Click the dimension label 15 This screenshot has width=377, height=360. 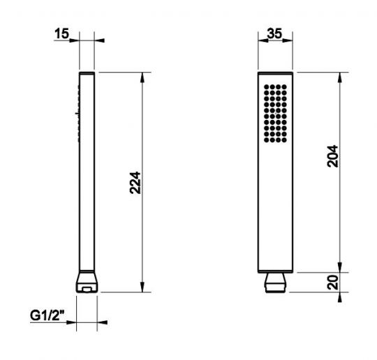(62, 33)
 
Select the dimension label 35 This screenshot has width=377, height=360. (274, 33)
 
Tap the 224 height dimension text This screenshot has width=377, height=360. (135, 183)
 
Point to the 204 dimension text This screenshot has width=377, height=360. (332, 156)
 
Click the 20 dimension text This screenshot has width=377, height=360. (332, 283)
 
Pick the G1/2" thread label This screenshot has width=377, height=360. (47, 315)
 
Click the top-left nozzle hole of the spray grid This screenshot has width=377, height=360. (267, 87)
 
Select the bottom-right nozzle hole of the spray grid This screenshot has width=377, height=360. (284, 140)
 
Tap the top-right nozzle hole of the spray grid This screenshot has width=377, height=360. (284, 87)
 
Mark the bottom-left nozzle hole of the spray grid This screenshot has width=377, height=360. (267, 140)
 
